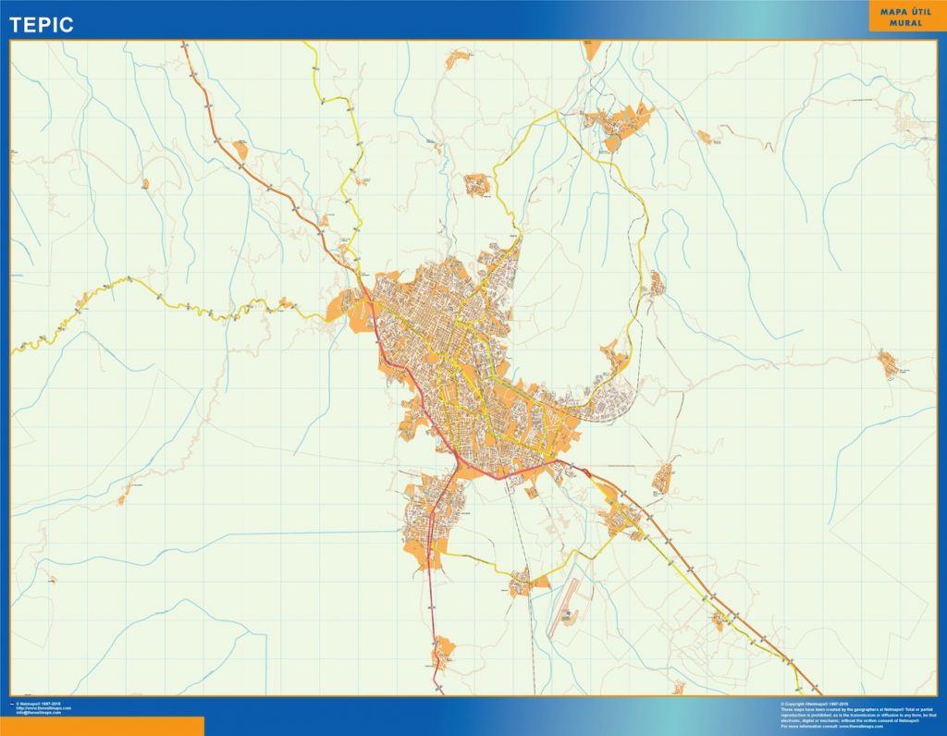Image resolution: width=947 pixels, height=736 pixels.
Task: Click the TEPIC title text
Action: click(x=42, y=25)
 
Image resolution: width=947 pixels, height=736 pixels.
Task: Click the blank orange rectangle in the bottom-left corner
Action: click(x=102, y=726)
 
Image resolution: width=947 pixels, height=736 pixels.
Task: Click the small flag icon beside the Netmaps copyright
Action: click(x=12, y=705)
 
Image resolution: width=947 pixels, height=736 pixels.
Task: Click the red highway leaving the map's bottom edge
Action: click(x=439, y=690)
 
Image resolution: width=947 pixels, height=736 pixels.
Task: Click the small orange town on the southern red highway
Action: click(x=445, y=647)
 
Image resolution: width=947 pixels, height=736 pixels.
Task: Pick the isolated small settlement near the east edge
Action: click(x=889, y=363)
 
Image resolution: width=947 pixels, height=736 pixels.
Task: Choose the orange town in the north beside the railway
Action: click(x=618, y=120)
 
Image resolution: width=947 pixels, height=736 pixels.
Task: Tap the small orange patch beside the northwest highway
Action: click(x=241, y=149)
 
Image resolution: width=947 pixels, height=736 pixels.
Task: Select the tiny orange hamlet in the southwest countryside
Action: click(x=121, y=499)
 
